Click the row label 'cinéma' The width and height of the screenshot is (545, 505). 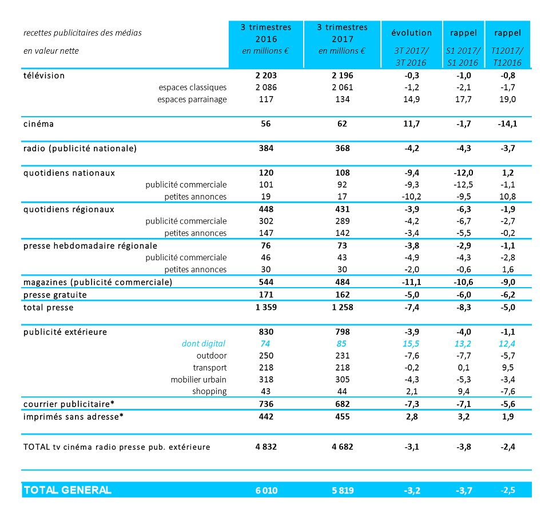[x=38, y=124]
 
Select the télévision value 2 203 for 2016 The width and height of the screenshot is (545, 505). [x=266, y=75]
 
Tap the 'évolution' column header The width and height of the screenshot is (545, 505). [x=412, y=33]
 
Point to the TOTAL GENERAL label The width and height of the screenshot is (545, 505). [x=67, y=490]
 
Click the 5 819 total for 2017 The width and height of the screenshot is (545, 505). [x=343, y=490]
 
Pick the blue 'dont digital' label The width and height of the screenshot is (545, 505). [x=204, y=344]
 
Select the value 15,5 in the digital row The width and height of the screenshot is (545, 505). [x=411, y=344]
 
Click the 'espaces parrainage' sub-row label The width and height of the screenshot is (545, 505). [x=192, y=100]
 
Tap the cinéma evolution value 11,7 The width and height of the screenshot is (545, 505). [x=412, y=124]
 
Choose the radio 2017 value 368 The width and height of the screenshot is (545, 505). [x=343, y=148]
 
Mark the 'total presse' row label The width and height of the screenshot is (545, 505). [x=48, y=308]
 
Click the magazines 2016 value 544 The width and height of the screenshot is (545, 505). [x=266, y=282]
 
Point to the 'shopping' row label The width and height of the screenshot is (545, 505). [x=209, y=392]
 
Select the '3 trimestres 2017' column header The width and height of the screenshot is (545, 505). [x=343, y=33]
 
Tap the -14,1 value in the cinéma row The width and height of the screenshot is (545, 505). [x=507, y=124]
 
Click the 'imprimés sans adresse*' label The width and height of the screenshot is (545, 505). [x=73, y=417]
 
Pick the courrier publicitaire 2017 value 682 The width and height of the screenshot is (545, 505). [x=343, y=404]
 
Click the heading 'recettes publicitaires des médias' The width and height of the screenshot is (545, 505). [x=83, y=33]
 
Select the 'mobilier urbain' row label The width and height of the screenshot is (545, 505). [x=198, y=380]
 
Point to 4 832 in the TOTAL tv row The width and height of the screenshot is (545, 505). [x=266, y=447]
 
